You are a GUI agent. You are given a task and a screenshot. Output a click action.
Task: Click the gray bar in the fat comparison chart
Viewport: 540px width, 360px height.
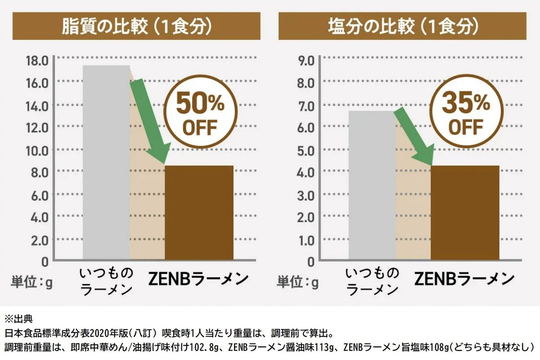coord(106,162)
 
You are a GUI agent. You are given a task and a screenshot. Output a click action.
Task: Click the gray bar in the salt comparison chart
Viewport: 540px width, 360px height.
coord(372,184)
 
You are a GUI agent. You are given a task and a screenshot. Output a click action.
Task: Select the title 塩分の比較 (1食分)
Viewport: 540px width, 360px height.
coord(402,27)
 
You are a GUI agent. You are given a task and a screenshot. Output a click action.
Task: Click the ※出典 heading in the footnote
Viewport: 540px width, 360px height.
coord(18,320)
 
